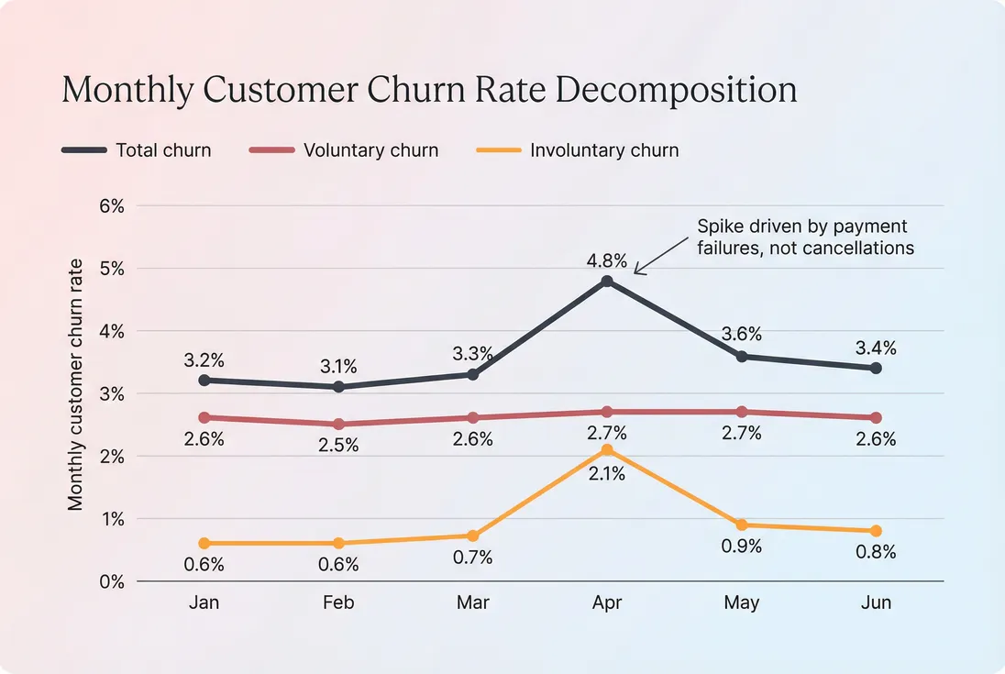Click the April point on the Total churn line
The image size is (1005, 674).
point(607,282)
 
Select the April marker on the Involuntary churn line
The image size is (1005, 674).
point(607,450)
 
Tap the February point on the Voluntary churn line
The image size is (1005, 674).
point(338,425)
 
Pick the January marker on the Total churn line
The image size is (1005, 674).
point(204,380)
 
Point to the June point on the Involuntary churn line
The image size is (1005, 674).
point(876,531)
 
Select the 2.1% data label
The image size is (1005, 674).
point(607,474)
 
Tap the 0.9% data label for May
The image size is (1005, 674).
point(742,547)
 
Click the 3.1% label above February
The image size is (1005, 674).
point(338,366)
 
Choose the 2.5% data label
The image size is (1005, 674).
point(338,447)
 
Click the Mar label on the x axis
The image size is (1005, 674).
point(472,603)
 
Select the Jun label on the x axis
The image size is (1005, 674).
point(876,603)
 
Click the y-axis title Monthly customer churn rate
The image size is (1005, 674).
point(75,384)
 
